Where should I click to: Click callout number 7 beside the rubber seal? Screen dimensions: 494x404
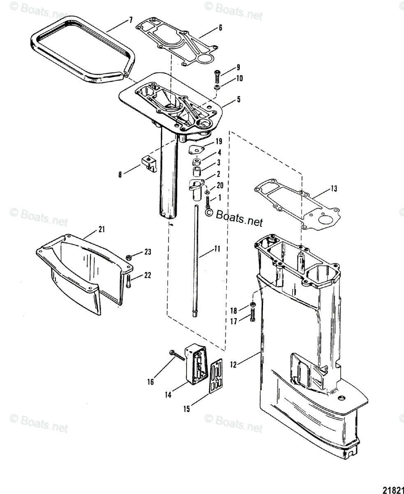131,20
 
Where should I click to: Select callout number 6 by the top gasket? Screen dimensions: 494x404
220,28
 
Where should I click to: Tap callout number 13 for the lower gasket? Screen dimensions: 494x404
334,189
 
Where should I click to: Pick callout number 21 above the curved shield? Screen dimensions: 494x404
102,229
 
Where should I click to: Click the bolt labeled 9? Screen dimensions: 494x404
217,76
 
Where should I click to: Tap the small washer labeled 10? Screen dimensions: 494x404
216,88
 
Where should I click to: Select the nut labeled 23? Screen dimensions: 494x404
128,256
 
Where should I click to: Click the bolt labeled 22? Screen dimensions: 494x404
128,281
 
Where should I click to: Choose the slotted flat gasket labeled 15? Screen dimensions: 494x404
217,375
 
